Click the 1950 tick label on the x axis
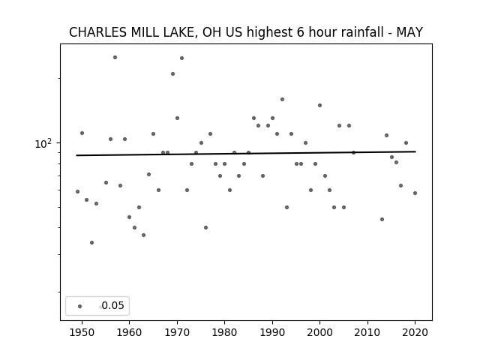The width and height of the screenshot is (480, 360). coord(82,332)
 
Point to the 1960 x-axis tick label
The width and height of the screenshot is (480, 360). coord(129,332)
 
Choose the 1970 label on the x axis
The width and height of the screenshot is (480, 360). coord(177,332)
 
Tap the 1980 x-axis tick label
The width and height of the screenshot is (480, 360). coord(224,332)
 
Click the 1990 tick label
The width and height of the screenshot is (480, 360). coord(272,332)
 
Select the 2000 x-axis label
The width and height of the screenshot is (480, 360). coord(319,332)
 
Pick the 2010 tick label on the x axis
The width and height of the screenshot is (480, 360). coord(367,332)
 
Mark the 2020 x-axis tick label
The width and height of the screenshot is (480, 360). coord(415,332)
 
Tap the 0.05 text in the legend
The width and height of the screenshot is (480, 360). coord(113,305)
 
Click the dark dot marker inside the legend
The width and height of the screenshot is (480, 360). coord(80,306)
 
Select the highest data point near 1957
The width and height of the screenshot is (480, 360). coord(115,57)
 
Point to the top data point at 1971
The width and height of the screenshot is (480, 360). coord(181,58)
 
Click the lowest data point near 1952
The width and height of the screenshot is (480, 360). coord(91,242)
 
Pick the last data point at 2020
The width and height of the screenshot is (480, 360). coord(415,193)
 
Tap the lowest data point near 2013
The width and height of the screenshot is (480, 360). coord(382,219)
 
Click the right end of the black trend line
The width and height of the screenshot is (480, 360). coord(415,151)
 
